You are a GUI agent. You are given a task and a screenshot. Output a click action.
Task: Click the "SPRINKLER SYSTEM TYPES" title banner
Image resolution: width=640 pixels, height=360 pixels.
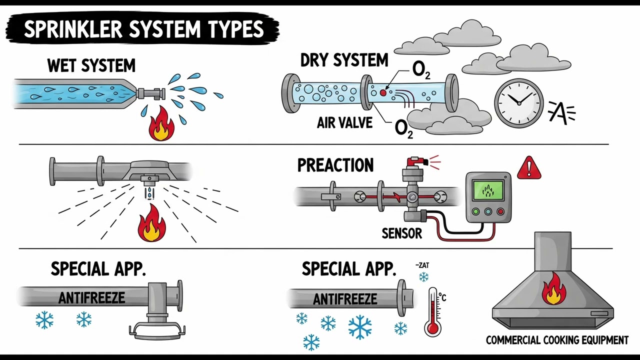click(143, 29)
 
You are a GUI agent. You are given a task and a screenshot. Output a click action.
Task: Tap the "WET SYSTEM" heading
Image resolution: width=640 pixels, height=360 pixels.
click(91, 65)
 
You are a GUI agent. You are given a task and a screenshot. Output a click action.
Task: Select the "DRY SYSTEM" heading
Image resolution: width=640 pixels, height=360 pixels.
click(344, 60)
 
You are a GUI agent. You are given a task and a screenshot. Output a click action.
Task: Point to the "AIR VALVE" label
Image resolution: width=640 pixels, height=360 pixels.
click(344, 123)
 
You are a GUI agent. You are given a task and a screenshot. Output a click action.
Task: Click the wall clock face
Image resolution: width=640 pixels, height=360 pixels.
click(518, 103)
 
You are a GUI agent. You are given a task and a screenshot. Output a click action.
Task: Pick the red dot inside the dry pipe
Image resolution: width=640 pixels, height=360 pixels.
click(383, 92)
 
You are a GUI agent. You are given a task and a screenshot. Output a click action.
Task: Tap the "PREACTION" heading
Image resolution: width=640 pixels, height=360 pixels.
click(335, 165)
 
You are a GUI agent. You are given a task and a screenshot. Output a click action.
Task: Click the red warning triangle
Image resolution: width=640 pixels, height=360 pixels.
click(528, 168)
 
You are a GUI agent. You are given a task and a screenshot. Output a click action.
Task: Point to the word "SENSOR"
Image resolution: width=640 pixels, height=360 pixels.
click(401, 232)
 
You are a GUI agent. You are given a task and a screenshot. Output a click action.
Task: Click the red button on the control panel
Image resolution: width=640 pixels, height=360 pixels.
click(500, 211)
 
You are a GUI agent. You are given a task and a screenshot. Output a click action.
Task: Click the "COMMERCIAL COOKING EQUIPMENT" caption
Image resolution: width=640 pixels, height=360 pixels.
click(557, 340)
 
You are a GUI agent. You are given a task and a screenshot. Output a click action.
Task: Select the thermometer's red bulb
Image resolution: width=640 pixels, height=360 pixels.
click(432, 328)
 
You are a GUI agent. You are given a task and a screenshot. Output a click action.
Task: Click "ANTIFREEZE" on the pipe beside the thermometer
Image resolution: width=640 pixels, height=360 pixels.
click(345, 299)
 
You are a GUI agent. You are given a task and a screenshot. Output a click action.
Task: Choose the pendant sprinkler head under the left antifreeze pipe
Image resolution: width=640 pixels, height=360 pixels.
click(157, 328)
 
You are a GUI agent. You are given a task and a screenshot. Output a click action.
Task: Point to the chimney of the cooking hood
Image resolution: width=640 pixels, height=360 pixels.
click(552, 250)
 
